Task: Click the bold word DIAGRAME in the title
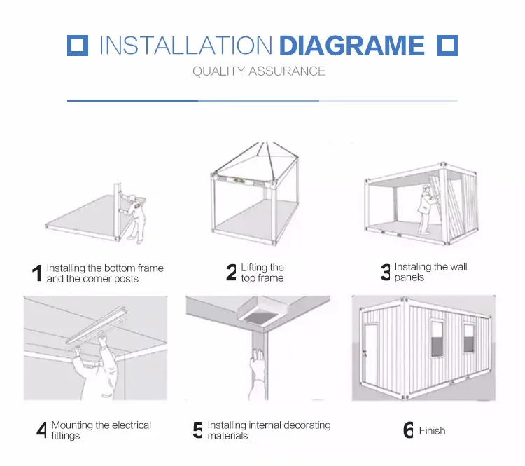[351, 46]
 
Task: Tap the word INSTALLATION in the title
[185, 46]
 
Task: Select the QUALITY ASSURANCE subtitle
[259, 71]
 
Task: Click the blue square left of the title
[78, 46]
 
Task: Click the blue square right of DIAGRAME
[447, 46]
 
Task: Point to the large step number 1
[38, 273]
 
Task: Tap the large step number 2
[232, 272]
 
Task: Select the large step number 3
[386, 272]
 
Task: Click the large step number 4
[41, 430]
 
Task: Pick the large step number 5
[198, 430]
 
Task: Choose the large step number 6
[408, 430]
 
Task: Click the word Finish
[433, 430]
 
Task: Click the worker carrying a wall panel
[426, 210]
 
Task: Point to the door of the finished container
[370, 355]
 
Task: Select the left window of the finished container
[437, 338]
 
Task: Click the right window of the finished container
[469, 338]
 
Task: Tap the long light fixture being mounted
[97, 325]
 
